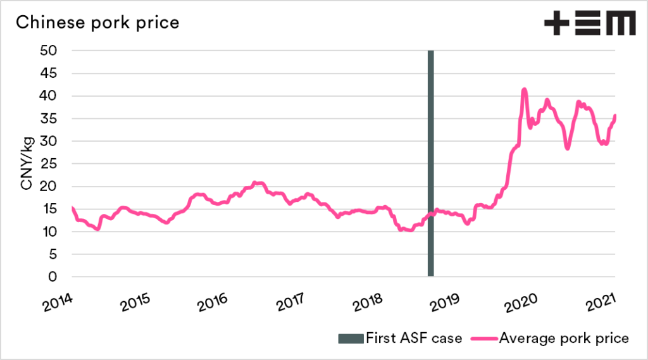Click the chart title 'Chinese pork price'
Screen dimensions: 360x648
[x=97, y=23]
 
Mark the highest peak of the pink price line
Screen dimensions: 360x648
[x=524, y=90]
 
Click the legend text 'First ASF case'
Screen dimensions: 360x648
[x=414, y=338]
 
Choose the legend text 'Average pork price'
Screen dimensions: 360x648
[x=564, y=338]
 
